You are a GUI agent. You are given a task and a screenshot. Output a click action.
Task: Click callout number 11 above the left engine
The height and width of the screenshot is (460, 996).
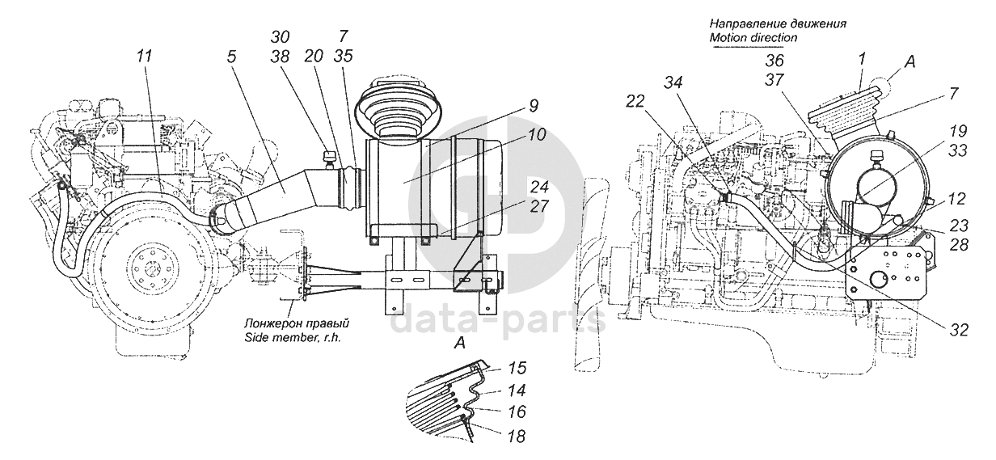click(144, 57)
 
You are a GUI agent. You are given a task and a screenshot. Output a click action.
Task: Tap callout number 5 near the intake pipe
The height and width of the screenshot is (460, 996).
click(231, 58)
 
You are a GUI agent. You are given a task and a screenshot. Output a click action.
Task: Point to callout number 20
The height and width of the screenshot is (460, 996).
click(314, 57)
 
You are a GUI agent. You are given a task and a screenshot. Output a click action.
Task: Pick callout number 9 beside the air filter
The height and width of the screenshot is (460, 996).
click(534, 105)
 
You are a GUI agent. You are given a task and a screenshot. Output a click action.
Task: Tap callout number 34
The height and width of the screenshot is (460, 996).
click(674, 82)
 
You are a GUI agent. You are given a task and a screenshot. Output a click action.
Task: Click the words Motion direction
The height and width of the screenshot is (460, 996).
click(753, 37)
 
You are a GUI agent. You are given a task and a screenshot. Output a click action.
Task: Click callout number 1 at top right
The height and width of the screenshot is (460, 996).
click(863, 59)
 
